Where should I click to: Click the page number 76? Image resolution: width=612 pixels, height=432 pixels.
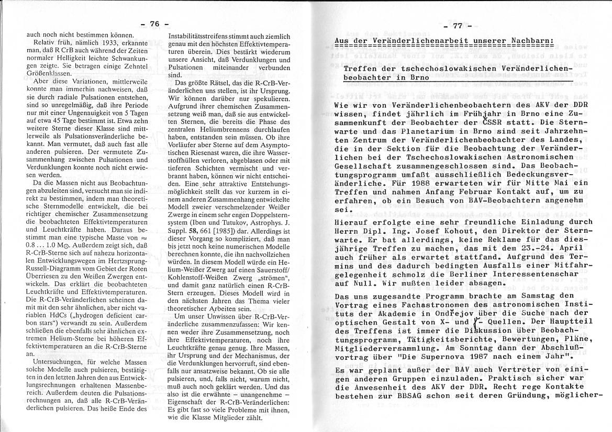(154, 24)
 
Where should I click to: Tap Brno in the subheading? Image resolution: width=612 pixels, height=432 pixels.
(417, 77)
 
